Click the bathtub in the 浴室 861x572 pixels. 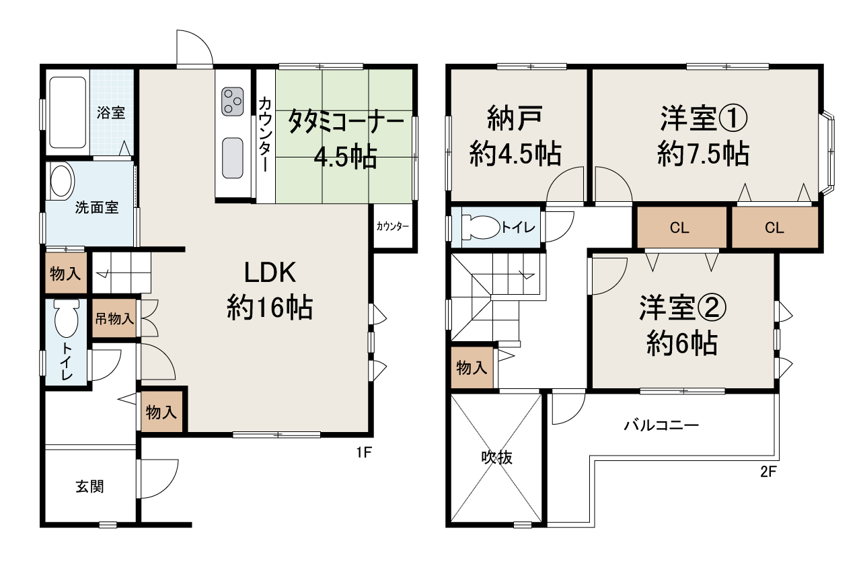point(68,112)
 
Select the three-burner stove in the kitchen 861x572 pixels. point(233,102)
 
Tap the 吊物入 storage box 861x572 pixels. point(113,318)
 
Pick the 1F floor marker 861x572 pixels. point(364,453)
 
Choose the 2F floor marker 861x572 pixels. point(768,472)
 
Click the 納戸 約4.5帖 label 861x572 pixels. point(515,137)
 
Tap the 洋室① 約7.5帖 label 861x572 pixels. point(702,137)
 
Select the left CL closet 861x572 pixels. point(679,227)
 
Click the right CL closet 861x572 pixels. point(774,227)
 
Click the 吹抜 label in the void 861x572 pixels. point(497,458)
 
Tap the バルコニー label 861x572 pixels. point(661,425)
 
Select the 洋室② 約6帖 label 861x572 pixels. point(681,326)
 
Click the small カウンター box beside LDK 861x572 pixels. point(392,227)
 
